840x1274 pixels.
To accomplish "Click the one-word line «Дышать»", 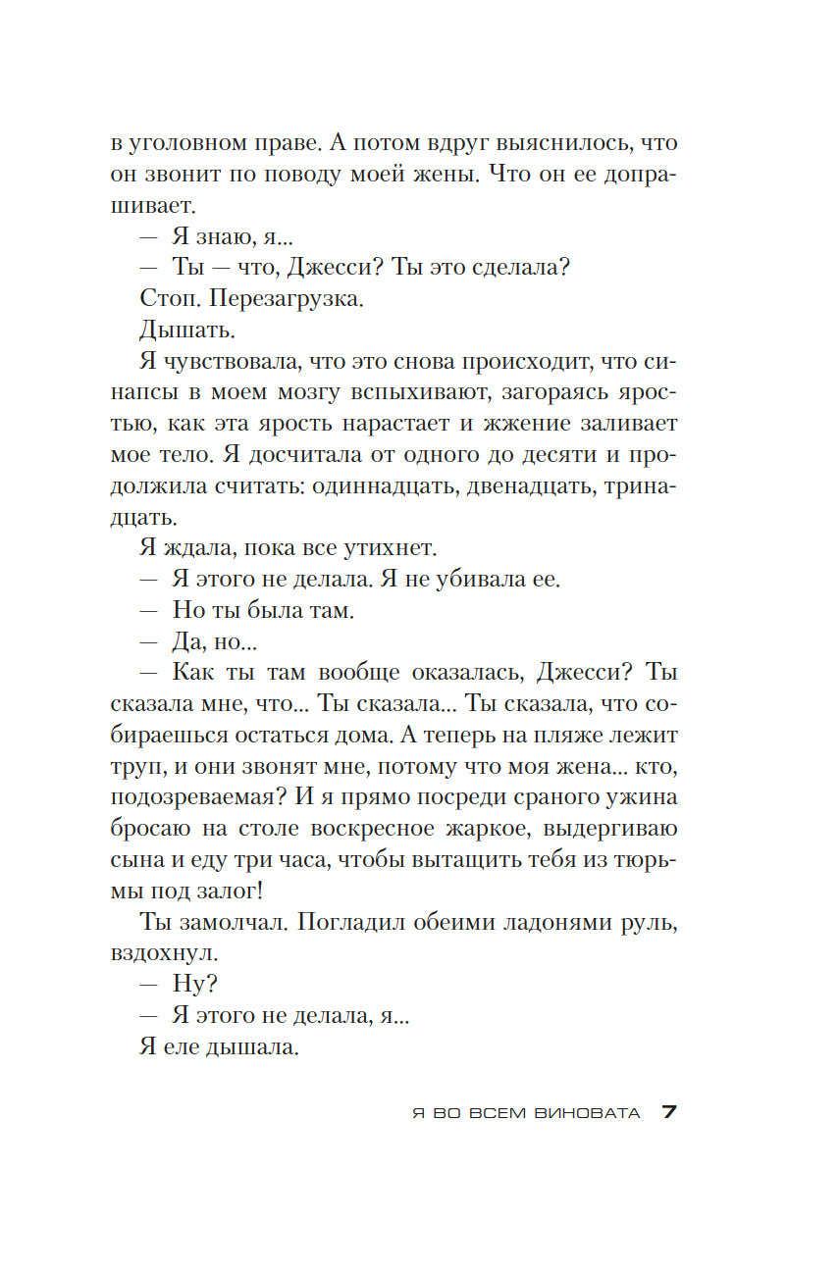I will [182, 331].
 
